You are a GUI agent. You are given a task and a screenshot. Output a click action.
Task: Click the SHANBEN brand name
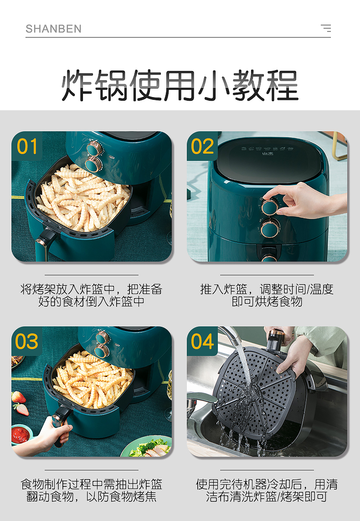coord(53,29)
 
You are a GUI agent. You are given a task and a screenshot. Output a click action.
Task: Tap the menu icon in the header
coord(326,28)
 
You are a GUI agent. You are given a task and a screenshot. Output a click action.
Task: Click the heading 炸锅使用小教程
coord(180,85)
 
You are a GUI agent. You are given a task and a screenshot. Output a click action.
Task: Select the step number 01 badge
coord(27,146)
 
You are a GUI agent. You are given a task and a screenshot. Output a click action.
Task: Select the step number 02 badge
coord(202,146)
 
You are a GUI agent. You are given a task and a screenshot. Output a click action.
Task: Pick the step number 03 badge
coord(27,341)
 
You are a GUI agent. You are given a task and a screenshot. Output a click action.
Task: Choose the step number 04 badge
coord(202,341)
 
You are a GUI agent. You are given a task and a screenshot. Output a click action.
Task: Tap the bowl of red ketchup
coord(21,433)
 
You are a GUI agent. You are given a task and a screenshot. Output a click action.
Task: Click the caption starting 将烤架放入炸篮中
coord(91,295)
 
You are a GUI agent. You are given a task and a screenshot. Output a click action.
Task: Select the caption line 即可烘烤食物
coord(267,301)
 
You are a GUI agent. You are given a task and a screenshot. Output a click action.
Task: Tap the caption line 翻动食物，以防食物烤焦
coord(91,496)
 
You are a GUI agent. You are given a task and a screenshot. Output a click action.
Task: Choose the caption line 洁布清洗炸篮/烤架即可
coord(267,496)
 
